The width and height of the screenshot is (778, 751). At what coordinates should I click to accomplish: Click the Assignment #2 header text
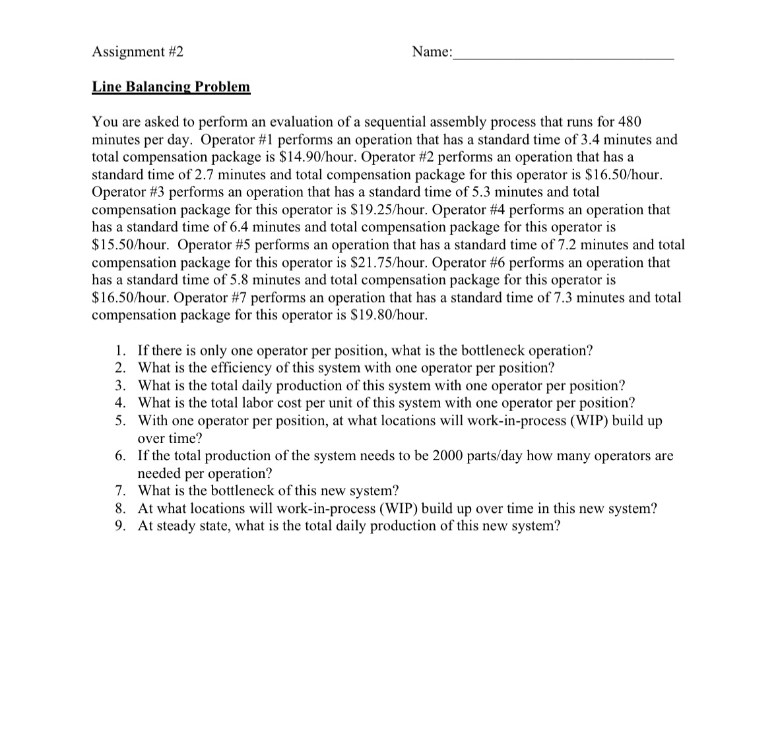137,51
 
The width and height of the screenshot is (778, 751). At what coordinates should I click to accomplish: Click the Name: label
432,51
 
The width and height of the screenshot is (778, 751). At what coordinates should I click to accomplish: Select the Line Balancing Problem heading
171,87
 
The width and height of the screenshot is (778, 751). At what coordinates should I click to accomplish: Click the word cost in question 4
292,403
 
